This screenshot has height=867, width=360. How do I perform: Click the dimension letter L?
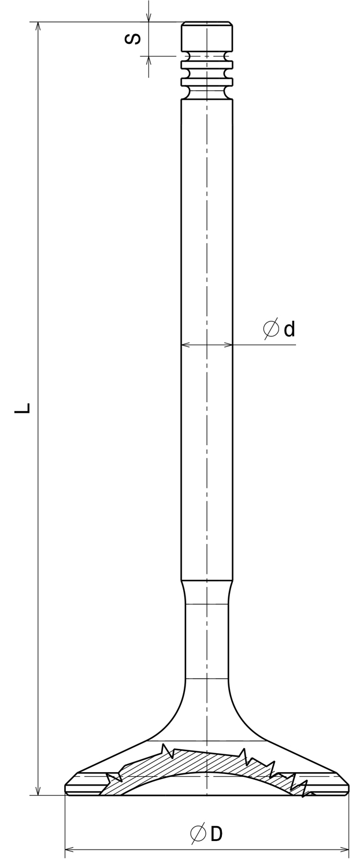point(22,407)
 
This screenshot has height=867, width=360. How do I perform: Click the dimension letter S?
point(133,39)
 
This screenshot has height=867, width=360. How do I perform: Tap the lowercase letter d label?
point(290,329)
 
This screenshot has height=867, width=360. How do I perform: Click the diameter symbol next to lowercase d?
point(271,329)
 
